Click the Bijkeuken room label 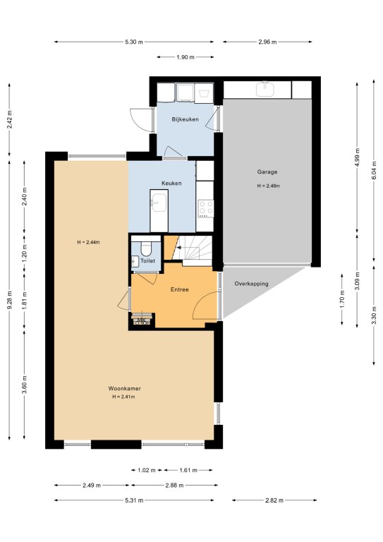click(x=185, y=119)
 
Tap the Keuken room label click(x=171, y=183)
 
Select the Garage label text click(x=267, y=171)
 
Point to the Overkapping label click(x=251, y=284)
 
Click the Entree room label click(x=180, y=289)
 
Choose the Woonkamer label click(x=124, y=389)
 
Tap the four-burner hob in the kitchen click(x=206, y=208)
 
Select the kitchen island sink click(x=159, y=203)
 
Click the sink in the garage click(x=265, y=89)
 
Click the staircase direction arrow click(x=178, y=248)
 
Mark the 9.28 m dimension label click(x=9, y=299)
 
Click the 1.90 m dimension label click(x=185, y=57)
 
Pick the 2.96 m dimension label click(x=267, y=42)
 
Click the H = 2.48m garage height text click(x=268, y=186)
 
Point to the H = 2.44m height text click(x=88, y=242)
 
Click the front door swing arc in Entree click(x=200, y=300)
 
